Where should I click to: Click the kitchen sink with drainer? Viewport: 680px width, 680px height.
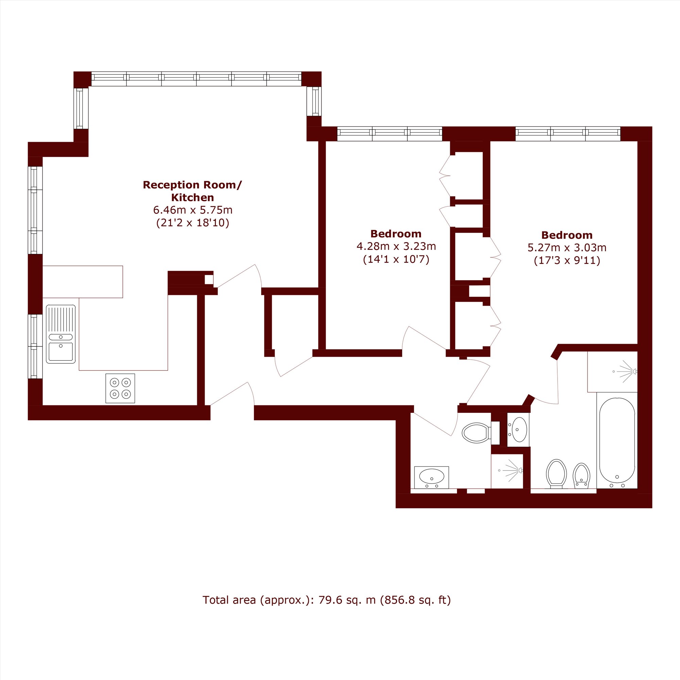(x=61, y=334)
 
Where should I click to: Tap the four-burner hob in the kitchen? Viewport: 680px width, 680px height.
(x=120, y=388)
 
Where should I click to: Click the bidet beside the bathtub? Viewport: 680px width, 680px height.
(x=581, y=476)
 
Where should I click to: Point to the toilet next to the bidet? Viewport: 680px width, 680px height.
(x=557, y=474)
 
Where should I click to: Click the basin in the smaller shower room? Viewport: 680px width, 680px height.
(x=431, y=477)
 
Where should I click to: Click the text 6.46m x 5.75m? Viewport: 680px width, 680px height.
(x=193, y=210)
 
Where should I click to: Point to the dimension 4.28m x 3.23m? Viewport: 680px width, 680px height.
(x=396, y=247)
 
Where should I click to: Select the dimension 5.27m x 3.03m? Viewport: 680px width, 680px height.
(x=567, y=248)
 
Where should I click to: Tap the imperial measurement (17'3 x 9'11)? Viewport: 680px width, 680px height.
(x=567, y=261)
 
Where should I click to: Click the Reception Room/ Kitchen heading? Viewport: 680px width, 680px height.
(x=192, y=191)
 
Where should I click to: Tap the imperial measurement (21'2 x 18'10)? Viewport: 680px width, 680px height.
(x=193, y=223)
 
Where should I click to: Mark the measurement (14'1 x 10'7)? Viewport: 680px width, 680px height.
(x=396, y=259)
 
